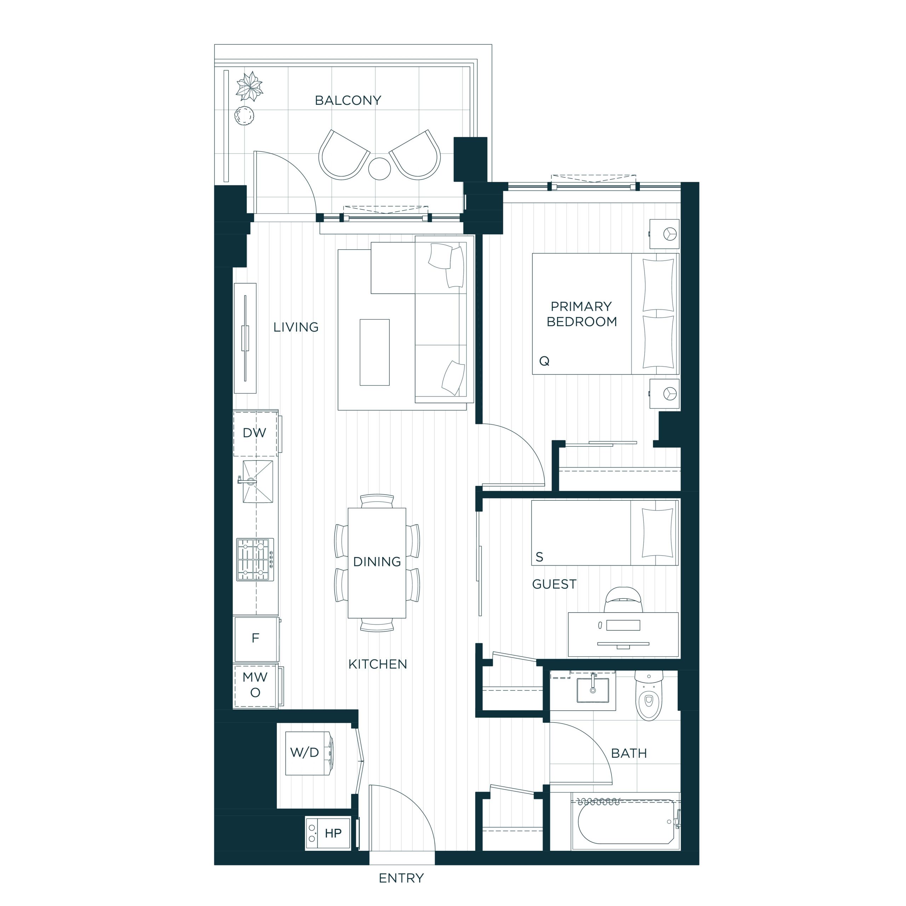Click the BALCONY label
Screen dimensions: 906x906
348,101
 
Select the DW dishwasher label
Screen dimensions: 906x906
254,433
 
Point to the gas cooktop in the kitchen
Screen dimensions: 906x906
255,560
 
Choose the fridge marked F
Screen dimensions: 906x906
256,638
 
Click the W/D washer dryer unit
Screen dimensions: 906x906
310,753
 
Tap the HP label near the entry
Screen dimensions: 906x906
333,833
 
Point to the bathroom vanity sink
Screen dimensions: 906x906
593,689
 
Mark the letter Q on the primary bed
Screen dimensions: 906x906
544,361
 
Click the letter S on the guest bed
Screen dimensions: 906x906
539,557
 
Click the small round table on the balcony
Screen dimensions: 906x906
379,169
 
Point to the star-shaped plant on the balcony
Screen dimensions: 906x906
249,86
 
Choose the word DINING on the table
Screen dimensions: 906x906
377,562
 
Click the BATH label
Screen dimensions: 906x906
629,753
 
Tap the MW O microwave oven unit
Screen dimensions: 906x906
257,686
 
